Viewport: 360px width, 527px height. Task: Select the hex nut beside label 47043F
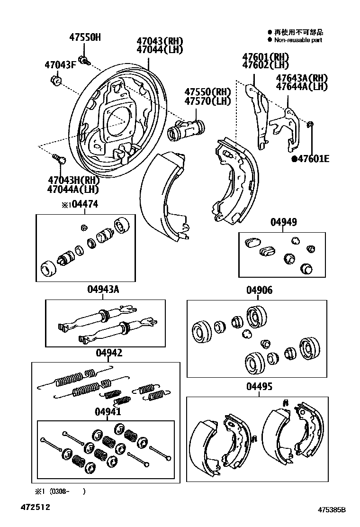pyautogui.click(x=55, y=81)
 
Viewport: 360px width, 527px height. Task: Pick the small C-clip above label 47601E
pyautogui.click(x=311, y=125)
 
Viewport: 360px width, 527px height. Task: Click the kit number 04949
pyautogui.click(x=283, y=222)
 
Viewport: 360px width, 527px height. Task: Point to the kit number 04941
pyautogui.click(x=108, y=411)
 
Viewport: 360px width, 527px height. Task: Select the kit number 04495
pyautogui.click(x=259, y=387)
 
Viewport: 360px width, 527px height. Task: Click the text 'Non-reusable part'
pyautogui.click(x=298, y=41)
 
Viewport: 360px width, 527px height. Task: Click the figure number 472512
pyautogui.click(x=35, y=507)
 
